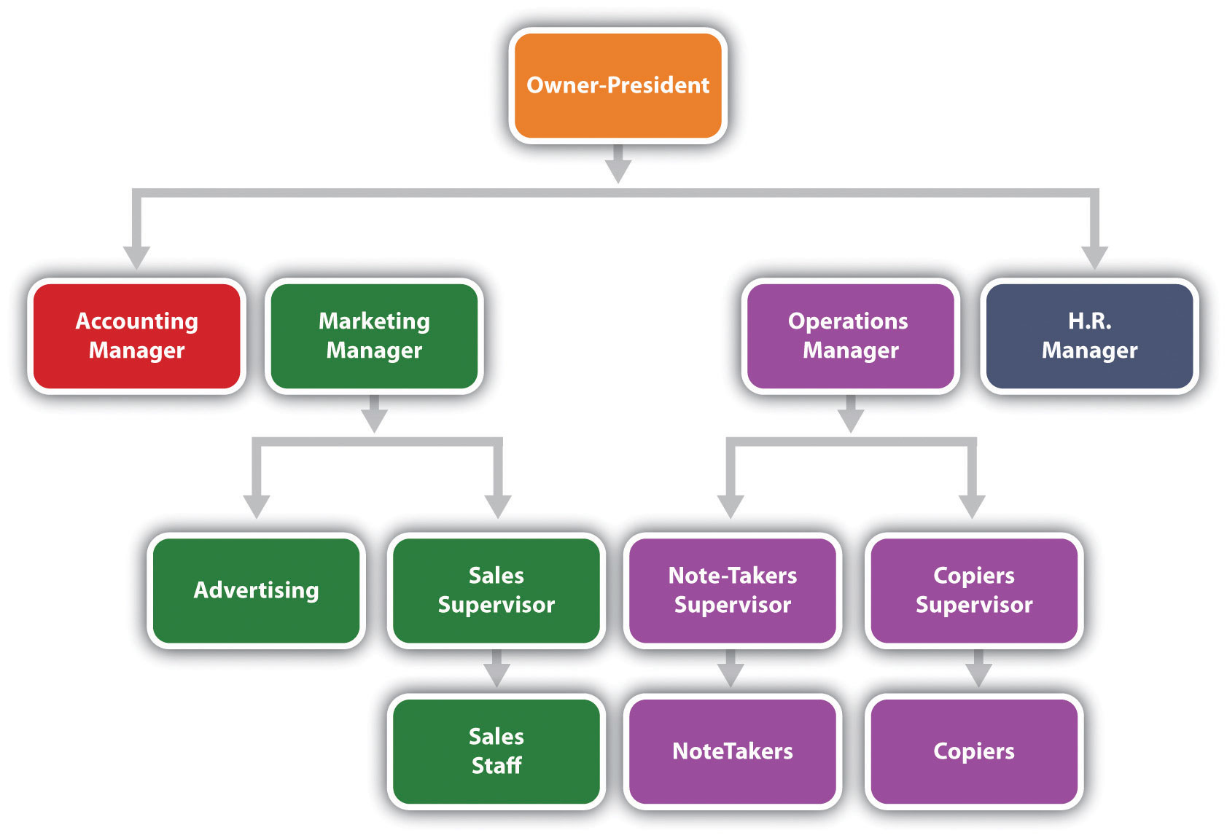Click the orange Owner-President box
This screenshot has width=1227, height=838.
click(618, 85)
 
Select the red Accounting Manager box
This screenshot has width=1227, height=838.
click(136, 336)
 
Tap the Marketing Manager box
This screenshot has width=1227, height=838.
click(374, 336)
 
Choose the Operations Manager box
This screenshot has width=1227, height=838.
click(850, 336)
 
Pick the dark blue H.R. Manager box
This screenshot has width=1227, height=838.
click(1089, 336)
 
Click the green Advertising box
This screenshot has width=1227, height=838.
click(256, 590)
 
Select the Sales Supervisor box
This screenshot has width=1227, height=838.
click(496, 590)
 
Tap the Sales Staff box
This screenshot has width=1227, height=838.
click(496, 751)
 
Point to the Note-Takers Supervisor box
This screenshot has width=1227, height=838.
click(732, 590)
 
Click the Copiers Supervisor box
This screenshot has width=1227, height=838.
click(973, 590)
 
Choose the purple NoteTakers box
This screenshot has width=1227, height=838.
click(732, 751)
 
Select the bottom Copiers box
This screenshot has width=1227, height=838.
click(973, 751)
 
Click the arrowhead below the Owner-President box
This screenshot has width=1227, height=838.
click(618, 171)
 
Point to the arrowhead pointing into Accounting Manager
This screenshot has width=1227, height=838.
click(136, 257)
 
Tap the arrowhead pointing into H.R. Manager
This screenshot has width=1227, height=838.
click(1094, 257)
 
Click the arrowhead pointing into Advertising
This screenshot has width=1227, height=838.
click(256, 506)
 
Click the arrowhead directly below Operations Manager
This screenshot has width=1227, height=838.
click(850, 420)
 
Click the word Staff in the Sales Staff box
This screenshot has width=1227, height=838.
click(496, 766)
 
